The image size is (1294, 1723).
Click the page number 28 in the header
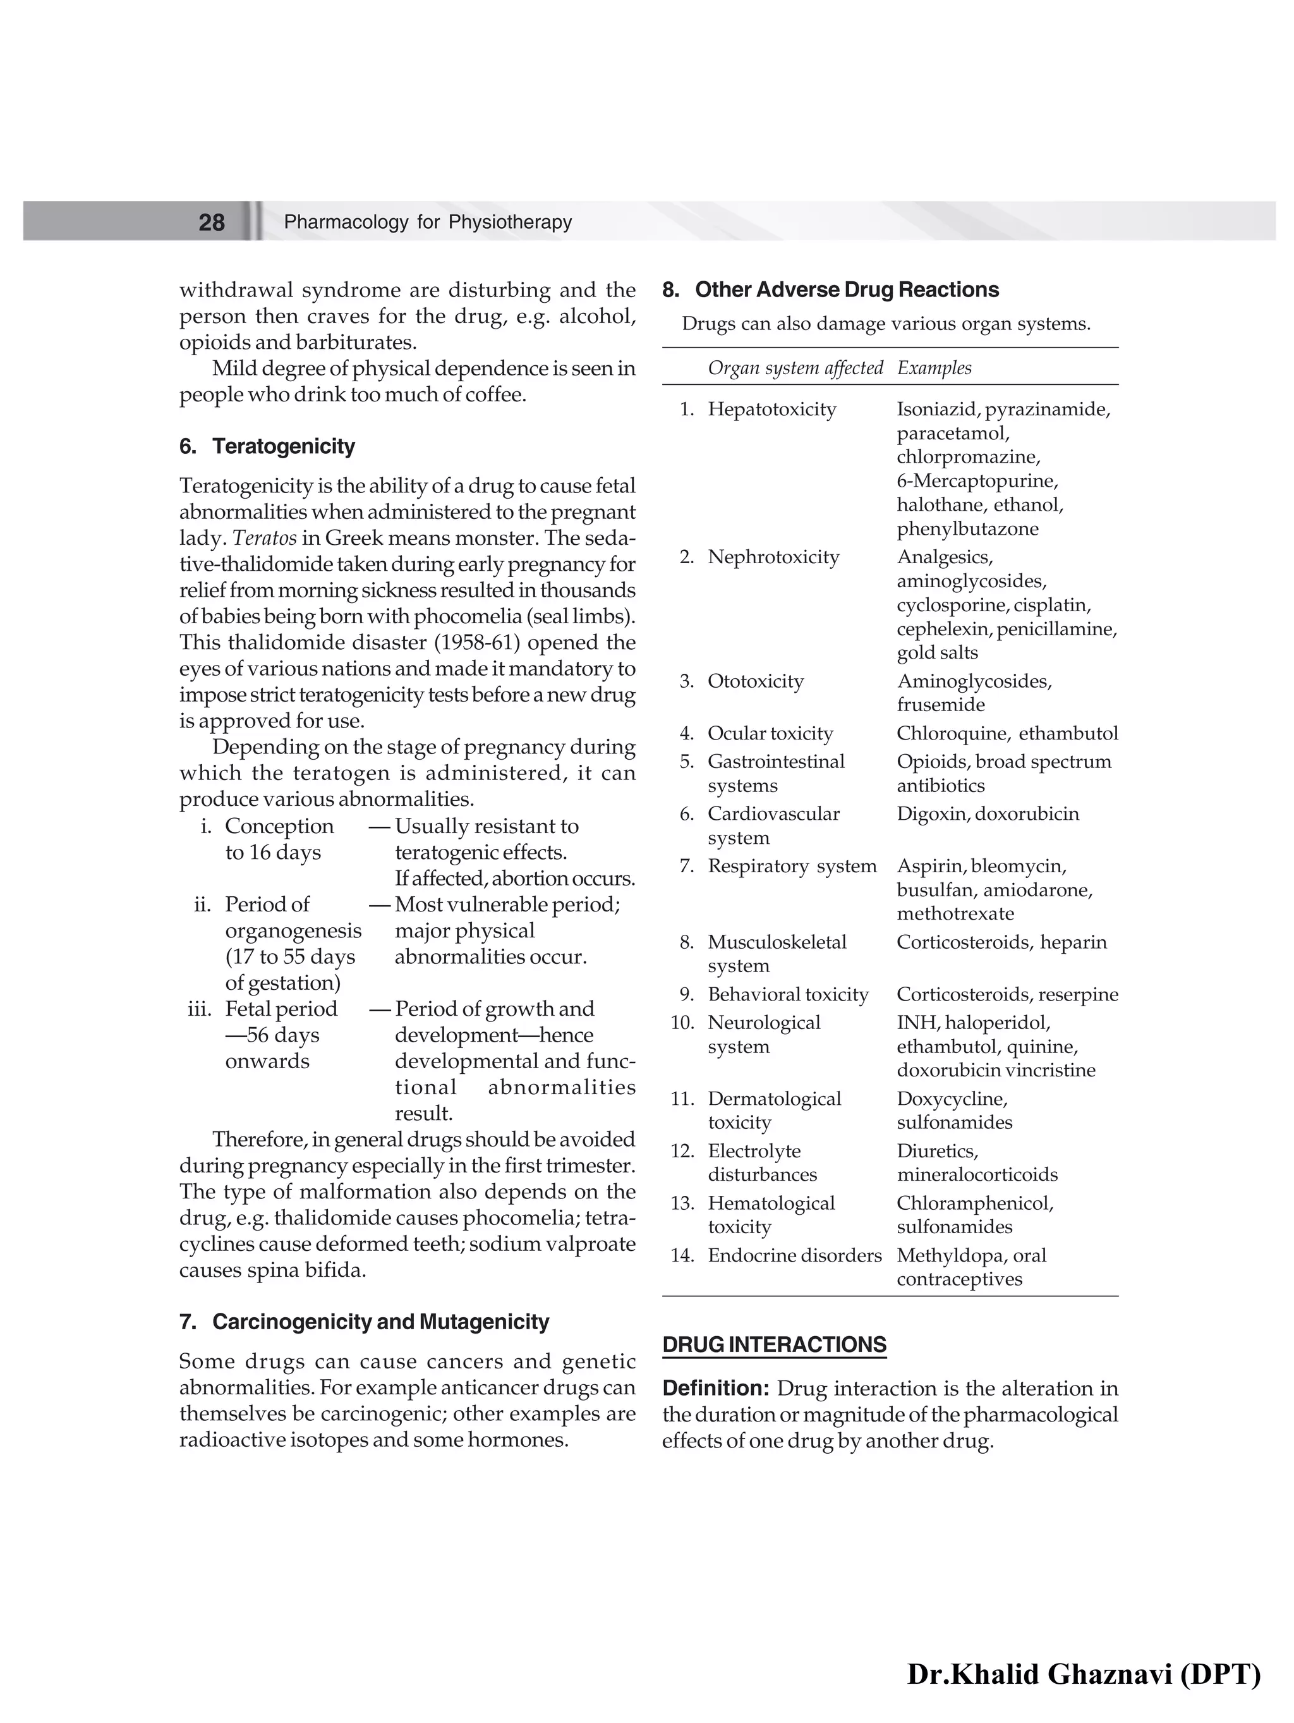pyautogui.click(x=211, y=222)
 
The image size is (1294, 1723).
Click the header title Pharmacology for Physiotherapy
pyautogui.click(x=428, y=222)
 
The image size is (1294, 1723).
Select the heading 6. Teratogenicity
pyautogui.click(x=267, y=446)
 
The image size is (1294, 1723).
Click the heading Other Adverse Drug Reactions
pyautogui.click(x=846, y=289)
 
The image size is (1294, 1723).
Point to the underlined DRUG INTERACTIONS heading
pyautogui.click(x=774, y=1345)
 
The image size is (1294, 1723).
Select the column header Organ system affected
pyautogui.click(x=795, y=368)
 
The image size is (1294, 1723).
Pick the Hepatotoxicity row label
pyautogui.click(x=771, y=409)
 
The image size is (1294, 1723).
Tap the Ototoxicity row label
pyautogui.click(x=755, y=681)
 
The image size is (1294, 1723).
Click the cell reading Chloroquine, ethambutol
pyautogui.click(x=1007, y=733)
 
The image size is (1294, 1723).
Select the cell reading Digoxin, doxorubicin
pyautogui.click(x=987, y=813)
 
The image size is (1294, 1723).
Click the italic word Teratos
pyautogui.click(x=265, y=539)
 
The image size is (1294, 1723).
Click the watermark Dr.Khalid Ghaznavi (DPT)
pyautogui.click(x=1083, y=1673)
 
